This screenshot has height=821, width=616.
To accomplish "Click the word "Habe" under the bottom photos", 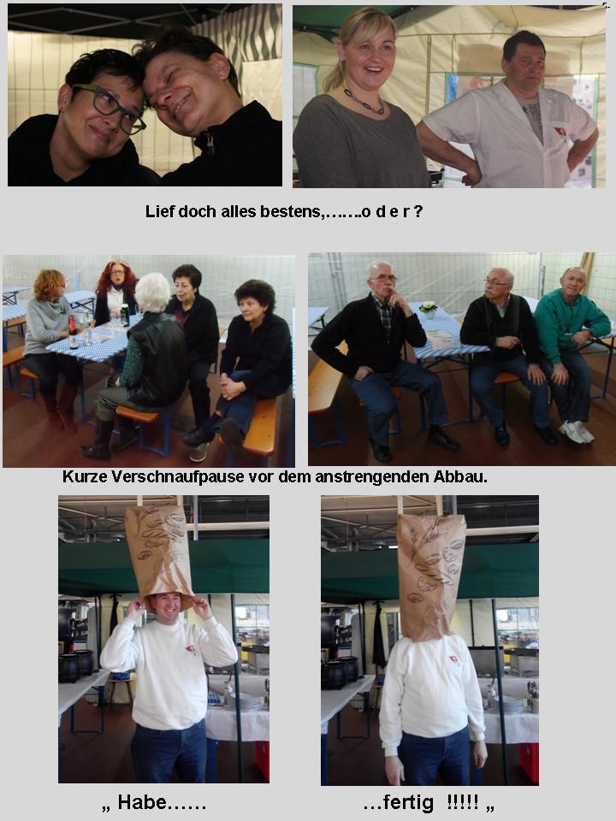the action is (142, 801).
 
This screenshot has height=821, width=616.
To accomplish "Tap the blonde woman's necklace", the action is (364, 102).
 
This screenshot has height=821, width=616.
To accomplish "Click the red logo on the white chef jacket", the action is (561, 132).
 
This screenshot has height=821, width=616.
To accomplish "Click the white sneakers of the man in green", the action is (576, 431).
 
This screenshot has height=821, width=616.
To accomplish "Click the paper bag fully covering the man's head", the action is (430, 576).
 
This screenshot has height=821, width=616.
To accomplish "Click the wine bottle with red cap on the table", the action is (74, 333).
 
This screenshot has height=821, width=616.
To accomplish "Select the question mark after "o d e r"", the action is (418, 211).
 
